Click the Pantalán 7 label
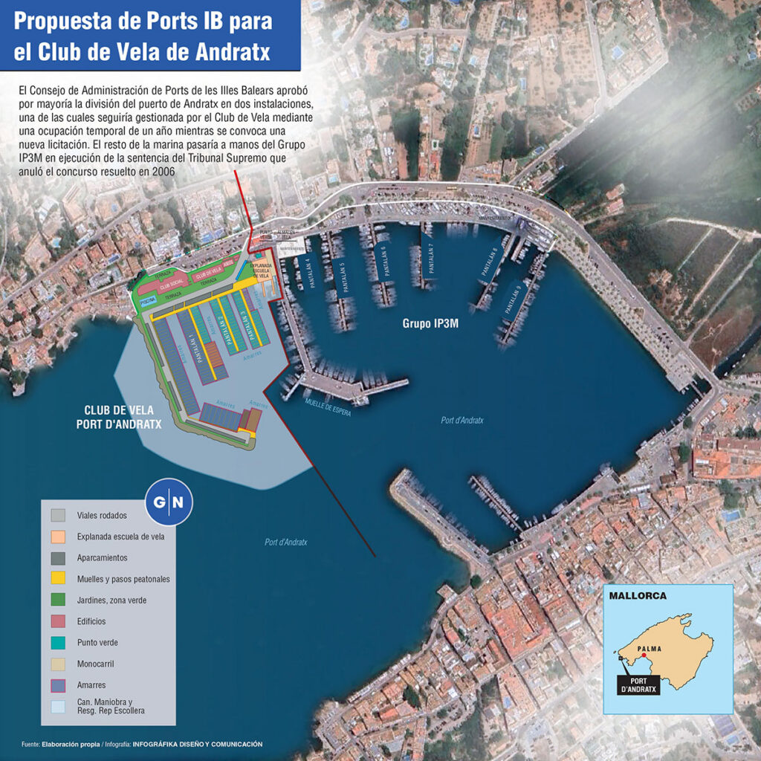[430, 256]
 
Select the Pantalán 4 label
[312, 272]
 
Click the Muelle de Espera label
[328, 406]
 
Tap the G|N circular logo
[169, 503]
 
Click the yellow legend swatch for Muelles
[59, 578]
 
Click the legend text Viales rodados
[102, 515]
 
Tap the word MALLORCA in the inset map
[638, 596]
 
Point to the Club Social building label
[171, 285]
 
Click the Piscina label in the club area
[149, 302]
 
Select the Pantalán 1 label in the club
[196, 346]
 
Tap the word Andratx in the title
[227, 52]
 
